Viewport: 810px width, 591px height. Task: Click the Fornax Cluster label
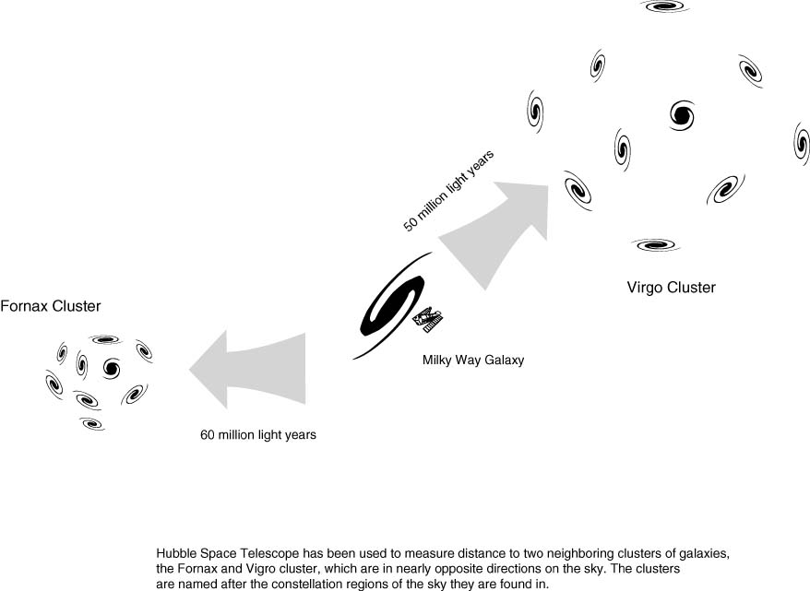50,306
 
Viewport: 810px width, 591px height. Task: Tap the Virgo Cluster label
671,288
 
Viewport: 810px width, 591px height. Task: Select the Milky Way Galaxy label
472,361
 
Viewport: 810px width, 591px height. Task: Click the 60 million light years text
258,435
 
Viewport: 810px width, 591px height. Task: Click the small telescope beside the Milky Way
430,320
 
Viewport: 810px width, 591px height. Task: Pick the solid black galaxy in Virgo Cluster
682,114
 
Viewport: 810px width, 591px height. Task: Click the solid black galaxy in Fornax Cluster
112,368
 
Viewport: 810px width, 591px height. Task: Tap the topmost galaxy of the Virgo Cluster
664,6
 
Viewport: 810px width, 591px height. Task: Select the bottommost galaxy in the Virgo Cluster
655,245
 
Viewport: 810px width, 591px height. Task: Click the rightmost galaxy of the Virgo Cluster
801,142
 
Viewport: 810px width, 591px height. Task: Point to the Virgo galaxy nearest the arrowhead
578,189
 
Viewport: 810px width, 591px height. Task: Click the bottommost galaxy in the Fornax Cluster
92,424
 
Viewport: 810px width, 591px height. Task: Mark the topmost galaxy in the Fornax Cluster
101,339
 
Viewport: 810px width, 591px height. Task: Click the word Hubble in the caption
177,552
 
